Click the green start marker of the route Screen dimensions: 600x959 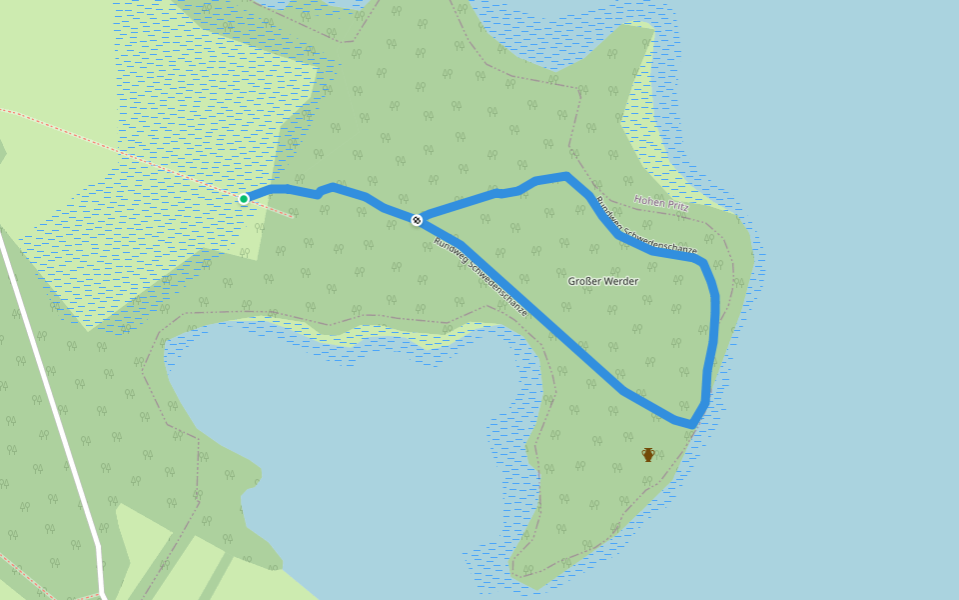(x=244, y=199)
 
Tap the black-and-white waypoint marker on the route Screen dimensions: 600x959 (x=417, y=220)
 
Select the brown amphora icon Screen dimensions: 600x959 (x=648, y=455)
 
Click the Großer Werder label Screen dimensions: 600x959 (x=602, y=281)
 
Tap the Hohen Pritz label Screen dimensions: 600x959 (x=661, y=202)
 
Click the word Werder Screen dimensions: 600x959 (x=620, y=281)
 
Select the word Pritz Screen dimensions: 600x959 (x=678, y=203)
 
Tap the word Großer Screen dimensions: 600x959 (x=584, y=281)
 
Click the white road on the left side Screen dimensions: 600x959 (x=50, y=380)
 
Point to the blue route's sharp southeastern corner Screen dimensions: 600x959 (x=691, y=425)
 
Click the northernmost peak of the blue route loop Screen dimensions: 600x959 (x=566, y=176)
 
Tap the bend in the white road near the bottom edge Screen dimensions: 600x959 (x=99, y=548)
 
